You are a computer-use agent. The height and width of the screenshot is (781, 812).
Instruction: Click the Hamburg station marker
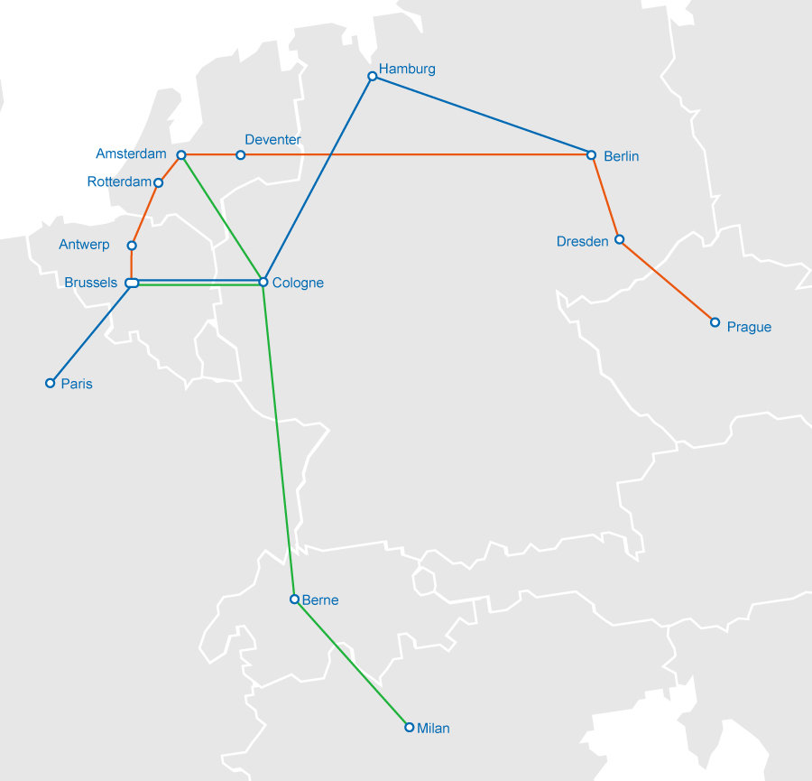pos(372,77)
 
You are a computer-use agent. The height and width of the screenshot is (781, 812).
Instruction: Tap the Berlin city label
pos(621,156)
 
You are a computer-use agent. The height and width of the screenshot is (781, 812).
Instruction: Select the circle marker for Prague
pos(715,322)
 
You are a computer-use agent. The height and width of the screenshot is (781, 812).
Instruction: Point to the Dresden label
pos(582,241)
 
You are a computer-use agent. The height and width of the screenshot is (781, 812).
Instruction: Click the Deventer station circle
pos(240,155)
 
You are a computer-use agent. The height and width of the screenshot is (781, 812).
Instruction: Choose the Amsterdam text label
pos(131,154)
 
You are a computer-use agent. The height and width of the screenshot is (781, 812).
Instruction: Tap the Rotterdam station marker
pos(159,183)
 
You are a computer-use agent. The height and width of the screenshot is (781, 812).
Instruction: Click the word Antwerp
pos(84,245)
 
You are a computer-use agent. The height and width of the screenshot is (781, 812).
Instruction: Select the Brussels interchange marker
pos(132,284)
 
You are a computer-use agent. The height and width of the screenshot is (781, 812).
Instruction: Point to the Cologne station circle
pos(263,283)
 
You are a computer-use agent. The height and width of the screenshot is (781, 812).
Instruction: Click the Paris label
pos(77,384)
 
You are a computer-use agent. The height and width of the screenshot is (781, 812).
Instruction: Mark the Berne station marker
pos(294,599)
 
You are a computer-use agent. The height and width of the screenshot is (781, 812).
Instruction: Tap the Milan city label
pos(433,728)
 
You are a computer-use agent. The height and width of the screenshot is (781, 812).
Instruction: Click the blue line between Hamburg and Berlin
pos(482,116)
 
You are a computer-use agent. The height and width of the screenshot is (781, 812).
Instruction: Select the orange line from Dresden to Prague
pos(667,281)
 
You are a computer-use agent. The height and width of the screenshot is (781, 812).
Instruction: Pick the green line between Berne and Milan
pos(352,664)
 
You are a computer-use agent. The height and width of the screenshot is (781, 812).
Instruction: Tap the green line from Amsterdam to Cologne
pos(222,218)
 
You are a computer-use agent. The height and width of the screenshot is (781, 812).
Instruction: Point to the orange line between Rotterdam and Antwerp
pos(145,214)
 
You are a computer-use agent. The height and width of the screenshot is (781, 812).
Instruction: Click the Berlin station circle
pos(592,155)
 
